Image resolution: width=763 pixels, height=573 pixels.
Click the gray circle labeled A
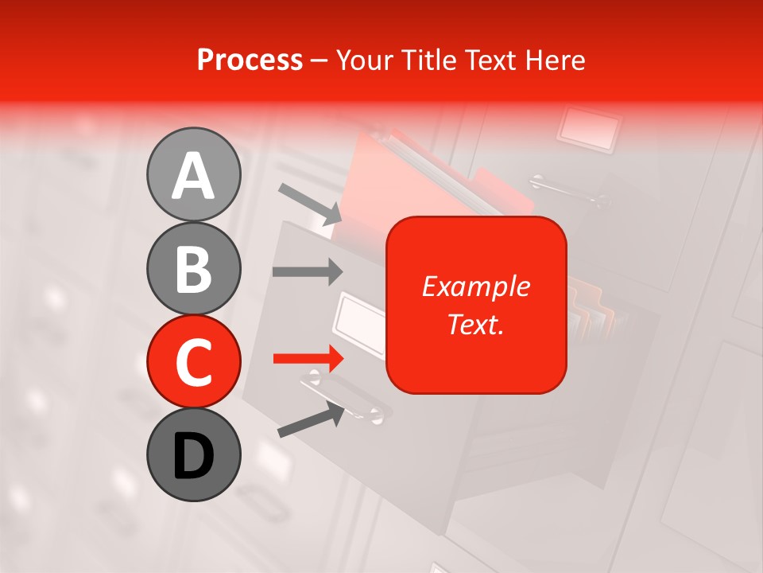(x=193, y=174)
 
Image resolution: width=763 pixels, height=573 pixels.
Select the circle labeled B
(x=193, y=268)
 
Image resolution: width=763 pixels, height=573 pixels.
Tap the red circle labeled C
(x=193, y=362)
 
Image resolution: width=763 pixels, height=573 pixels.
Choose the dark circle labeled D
(x=193, y=455)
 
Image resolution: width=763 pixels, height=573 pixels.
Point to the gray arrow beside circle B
(x=308, y=271)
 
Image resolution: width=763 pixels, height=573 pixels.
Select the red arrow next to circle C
(x=308, y=359)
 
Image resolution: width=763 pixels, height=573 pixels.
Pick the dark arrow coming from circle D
(x=311, y=419)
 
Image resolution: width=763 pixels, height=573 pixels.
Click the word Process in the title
(x=250, y=60)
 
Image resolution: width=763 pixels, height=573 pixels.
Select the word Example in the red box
(x=475, y=286)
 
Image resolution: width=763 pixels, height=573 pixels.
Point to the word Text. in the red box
(x=475, y=324)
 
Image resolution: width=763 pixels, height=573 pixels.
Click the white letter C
(x=193, y=362)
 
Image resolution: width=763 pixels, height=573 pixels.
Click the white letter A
(x=193, y=175)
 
